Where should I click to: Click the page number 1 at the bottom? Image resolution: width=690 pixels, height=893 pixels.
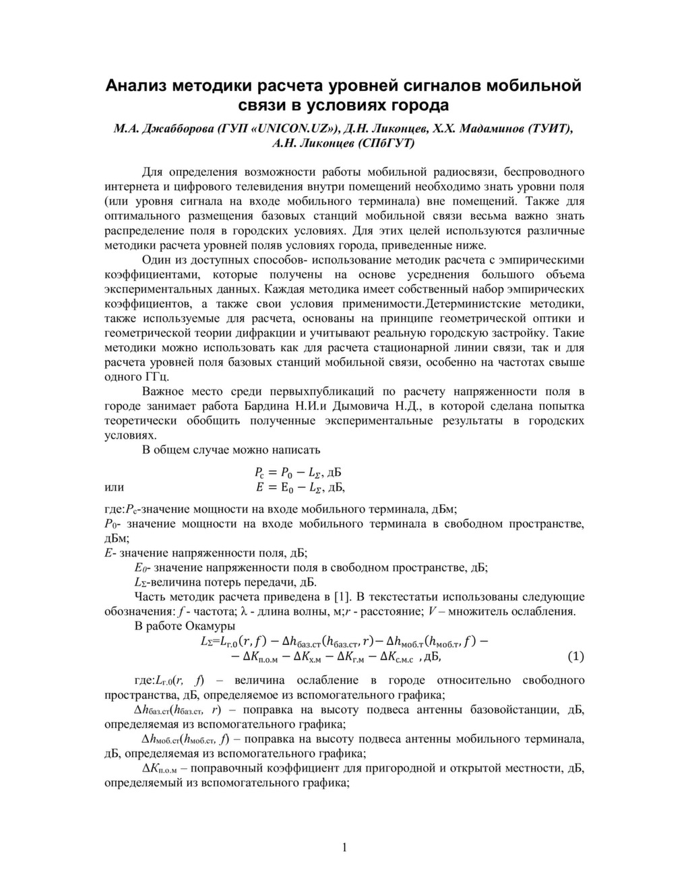(x=345, y=847)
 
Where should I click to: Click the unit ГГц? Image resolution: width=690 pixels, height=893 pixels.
(x=156, y=377)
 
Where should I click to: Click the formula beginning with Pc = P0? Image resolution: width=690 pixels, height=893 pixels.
(x=299, y=472)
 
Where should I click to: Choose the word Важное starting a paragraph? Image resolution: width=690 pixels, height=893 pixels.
(x=164, y=392)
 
